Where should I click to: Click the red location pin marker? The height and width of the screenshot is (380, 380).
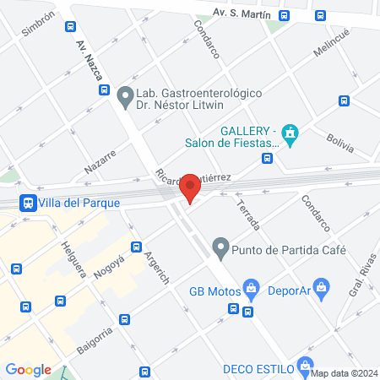191,187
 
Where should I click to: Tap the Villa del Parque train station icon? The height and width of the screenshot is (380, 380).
28,203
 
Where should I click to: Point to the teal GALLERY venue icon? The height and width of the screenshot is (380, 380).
290,135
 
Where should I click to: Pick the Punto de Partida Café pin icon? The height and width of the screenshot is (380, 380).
220,248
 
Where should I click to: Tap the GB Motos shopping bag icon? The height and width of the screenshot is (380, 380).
251,288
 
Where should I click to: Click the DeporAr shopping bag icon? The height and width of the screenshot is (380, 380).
320,287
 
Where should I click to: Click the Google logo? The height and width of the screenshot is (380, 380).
28,369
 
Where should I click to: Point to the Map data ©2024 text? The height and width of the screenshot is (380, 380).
343,373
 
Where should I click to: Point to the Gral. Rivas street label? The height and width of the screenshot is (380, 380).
361,278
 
